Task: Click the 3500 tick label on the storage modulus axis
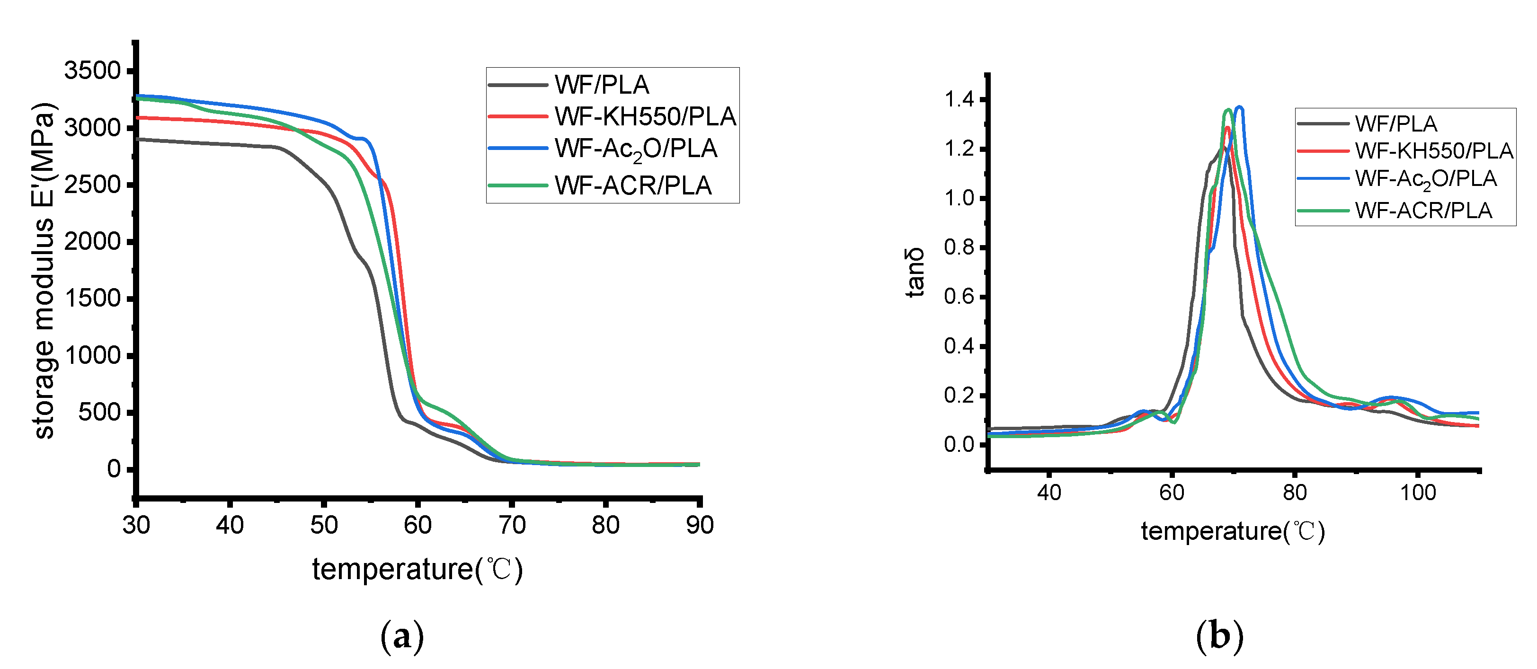click(92, 70)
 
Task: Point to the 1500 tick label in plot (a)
click(92, 298)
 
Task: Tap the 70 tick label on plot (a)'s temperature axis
click(511, 525)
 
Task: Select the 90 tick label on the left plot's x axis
click(699, 525)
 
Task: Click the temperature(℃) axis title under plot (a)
click(418, 570)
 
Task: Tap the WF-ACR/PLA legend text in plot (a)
click(632, 185)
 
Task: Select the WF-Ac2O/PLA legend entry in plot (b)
click(1425, 179)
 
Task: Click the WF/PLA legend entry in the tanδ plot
click(1395, 124)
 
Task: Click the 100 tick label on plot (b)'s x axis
click(1418, 493)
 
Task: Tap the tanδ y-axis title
click(915, 273)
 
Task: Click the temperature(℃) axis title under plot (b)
click(1233, 531)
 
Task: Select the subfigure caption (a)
click(402, 636)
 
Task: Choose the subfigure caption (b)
click(1219, 636)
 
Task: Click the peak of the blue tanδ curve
click(1240, 107)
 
